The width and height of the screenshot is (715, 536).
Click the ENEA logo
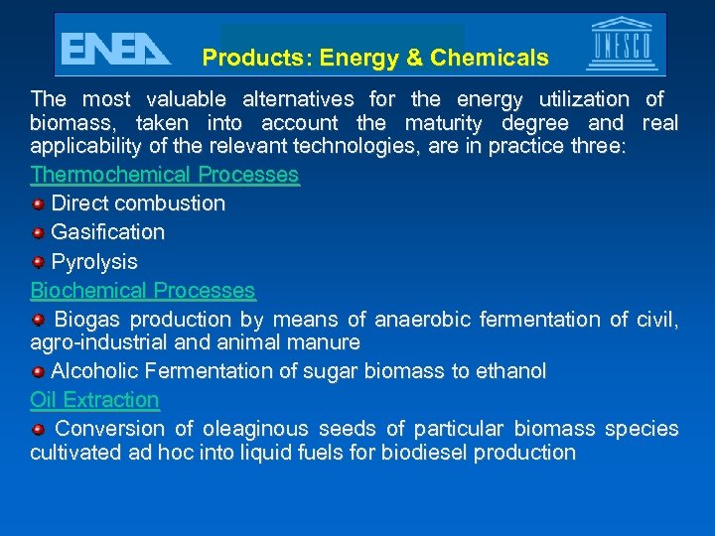tap(115, 48)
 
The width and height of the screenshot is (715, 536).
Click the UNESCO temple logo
tap(622, 45)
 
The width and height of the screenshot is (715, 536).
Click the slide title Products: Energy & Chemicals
tap(374, 59)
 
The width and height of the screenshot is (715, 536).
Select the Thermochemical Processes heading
tap(165, 175)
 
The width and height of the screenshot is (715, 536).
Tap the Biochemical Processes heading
tap(143, 291)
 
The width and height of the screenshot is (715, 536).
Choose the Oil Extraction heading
tap(94, 400)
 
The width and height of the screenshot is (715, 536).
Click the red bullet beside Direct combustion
tap(38, 204)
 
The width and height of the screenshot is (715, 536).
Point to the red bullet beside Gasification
tap(38, 233)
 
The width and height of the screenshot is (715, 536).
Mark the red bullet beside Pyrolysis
tap(38, 262)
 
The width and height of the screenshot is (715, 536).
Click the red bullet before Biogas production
tap(38, 320)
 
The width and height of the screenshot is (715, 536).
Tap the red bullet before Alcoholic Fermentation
tap(38, 371)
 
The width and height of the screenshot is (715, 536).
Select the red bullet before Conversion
tap(38, 429)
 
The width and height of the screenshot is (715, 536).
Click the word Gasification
tap(107, 232)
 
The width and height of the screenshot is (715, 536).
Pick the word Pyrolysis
tap(94, 262)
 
